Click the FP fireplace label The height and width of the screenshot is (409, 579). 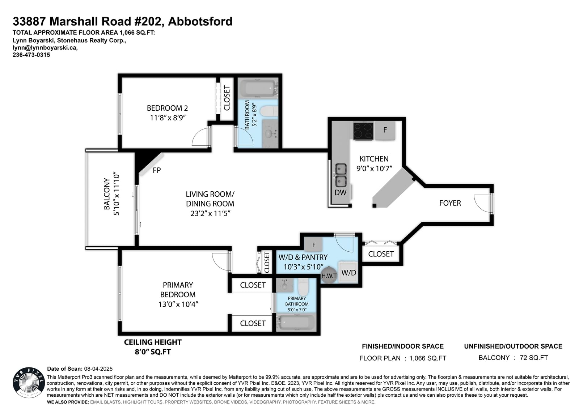point(157,170)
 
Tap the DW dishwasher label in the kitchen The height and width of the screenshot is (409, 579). point(340,192)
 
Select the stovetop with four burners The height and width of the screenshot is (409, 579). point(363,131)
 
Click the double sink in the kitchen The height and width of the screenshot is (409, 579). point(341,175)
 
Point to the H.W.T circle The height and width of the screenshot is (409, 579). point(329,276)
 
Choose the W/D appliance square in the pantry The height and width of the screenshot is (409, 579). point(348,272)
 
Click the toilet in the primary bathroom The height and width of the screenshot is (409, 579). point(303,286)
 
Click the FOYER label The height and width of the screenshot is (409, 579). point(450,203)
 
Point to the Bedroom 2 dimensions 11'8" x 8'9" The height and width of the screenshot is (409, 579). point(168,118)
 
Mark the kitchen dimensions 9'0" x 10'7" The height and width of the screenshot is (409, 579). point(374,169)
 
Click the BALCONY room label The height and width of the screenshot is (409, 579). point(106,193)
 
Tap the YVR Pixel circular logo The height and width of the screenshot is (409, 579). point(29,382)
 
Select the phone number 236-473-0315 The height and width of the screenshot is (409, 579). point(31,55)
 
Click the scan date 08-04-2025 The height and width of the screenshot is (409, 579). point(98,369)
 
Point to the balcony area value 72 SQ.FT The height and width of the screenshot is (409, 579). point(534,358)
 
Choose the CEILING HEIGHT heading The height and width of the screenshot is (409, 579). point(153,342)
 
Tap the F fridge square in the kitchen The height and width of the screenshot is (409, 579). point(385,131)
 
